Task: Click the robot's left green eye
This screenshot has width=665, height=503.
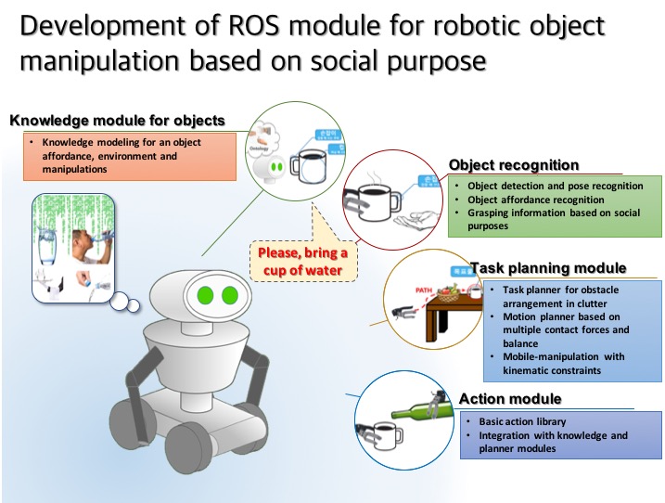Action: point(205,297)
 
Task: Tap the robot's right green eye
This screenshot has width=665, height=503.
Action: point(229,297)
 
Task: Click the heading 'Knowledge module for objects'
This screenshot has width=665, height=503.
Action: point(118,121)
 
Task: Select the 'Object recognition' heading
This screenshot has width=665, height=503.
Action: point(513,165)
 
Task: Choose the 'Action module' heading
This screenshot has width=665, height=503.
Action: point(523,399)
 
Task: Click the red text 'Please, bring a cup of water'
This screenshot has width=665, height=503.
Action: point(302,260)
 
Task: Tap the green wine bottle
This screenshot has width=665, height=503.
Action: point(416,404)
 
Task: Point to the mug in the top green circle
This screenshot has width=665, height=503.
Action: point(307,167)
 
